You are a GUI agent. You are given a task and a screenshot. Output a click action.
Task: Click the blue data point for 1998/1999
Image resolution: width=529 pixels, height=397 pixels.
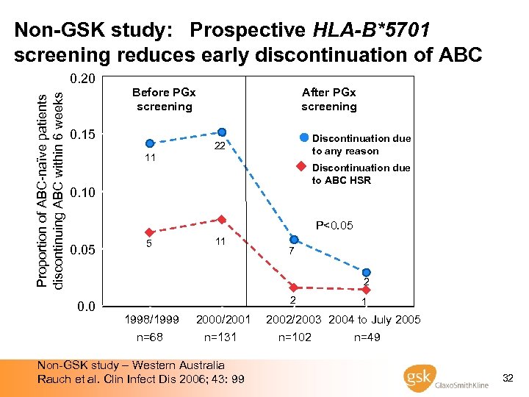(150, 143)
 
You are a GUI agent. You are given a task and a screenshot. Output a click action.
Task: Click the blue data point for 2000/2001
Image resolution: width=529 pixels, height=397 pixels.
(222, 132)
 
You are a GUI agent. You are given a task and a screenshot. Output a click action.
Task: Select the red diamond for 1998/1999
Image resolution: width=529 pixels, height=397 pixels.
(149, 232)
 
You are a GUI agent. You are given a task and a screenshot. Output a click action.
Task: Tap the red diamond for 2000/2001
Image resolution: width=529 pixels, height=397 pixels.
(222, 219)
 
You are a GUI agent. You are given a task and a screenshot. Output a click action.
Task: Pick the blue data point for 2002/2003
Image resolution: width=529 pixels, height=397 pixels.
(294, 240)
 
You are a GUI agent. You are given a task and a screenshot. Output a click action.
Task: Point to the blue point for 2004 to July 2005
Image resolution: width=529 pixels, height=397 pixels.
(366, 273)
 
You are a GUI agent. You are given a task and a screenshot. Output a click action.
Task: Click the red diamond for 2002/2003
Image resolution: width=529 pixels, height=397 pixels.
(294, 287)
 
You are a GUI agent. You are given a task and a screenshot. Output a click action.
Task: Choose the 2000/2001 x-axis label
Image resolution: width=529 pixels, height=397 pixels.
(223, 320)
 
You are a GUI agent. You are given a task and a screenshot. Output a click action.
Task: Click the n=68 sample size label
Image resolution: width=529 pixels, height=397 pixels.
(151, 337)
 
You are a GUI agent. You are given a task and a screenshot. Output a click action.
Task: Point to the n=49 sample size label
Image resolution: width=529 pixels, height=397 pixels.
(367, 337)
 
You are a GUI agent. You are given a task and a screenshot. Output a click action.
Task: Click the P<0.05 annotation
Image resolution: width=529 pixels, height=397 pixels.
(334, 225)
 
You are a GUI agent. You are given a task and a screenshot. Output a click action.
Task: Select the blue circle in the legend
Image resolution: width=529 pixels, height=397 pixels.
(303, 138)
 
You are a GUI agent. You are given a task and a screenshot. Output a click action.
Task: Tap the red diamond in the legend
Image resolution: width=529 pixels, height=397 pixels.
(301, 167)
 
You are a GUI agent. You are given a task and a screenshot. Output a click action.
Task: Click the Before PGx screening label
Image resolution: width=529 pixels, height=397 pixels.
(164, 99)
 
